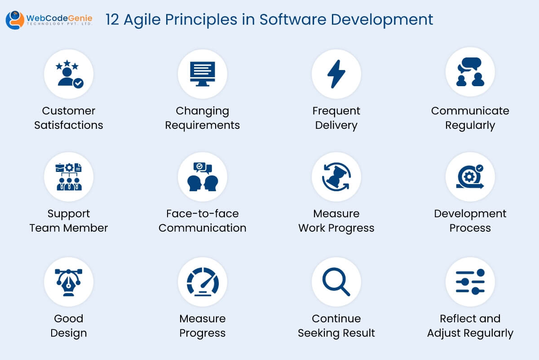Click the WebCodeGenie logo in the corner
[49, 19]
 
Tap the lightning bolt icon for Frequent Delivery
[336, 74]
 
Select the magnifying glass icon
[336, 282]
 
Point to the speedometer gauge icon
[203, 282]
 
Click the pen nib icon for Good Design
[69, 282]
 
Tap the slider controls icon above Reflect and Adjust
[470, 282]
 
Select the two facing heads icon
[203, 177]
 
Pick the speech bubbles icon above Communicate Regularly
[470, 73]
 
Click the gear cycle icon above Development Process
[470, 177]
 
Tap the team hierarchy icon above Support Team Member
[69, 177]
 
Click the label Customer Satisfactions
[69, 118]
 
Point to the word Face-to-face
[203, 214]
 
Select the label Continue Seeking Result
[336, 325]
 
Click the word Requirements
[203, 125]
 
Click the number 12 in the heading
[113, 20]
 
